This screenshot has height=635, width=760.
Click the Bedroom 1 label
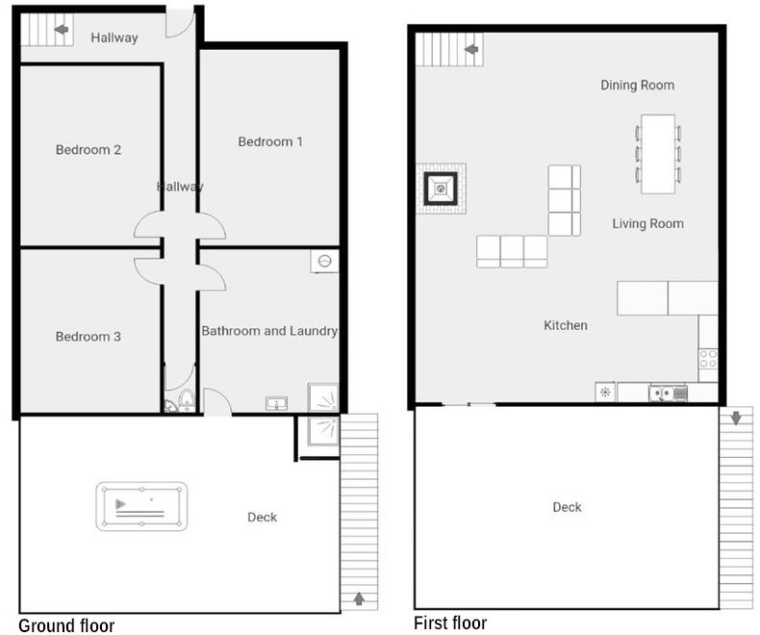point(270,141)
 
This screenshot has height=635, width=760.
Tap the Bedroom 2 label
point(89,149)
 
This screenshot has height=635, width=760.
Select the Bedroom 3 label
point(89,337)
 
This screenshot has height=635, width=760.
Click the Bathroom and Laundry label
point(269,331)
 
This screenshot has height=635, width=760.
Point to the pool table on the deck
point(141,506)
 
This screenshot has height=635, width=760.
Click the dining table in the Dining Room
point(658,154)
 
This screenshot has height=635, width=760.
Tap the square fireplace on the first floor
point(441,189)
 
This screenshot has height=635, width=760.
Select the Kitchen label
point(565,325)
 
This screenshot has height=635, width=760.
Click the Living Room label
point(647,223)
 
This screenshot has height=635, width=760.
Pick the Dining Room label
point(638,85)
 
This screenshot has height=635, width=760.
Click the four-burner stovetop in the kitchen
point(708,359)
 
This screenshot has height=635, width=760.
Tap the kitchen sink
point(662,394)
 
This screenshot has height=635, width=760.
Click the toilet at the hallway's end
point(186,401)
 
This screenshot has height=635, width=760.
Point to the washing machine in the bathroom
point(324,261)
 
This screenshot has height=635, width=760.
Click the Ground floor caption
point(66,625)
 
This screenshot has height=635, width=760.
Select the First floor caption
point(450,622)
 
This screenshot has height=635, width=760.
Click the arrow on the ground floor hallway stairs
point(61,30)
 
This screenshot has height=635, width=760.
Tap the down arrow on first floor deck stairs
point(736,418)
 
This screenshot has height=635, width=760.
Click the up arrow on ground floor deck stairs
point(359,598)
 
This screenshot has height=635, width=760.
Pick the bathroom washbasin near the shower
point(276,403)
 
